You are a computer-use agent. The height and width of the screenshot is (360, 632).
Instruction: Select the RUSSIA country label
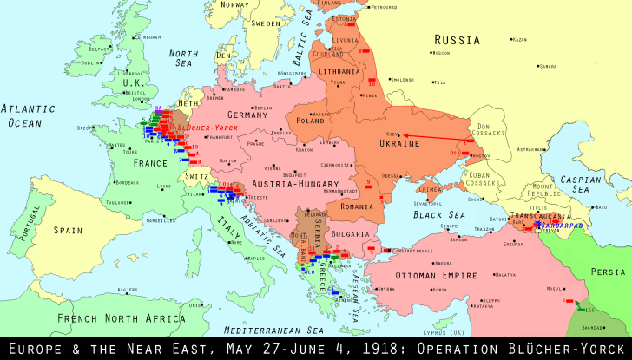click(x=457, y=40)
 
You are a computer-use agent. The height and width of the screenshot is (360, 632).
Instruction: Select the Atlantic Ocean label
click(x=26, y=116)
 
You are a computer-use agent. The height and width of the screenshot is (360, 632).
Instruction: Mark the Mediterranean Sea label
click(x=273, y=331)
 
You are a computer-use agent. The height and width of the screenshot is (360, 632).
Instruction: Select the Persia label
click(x=608, y=270)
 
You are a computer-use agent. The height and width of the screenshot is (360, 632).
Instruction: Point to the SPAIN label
click(x=67, y=230)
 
